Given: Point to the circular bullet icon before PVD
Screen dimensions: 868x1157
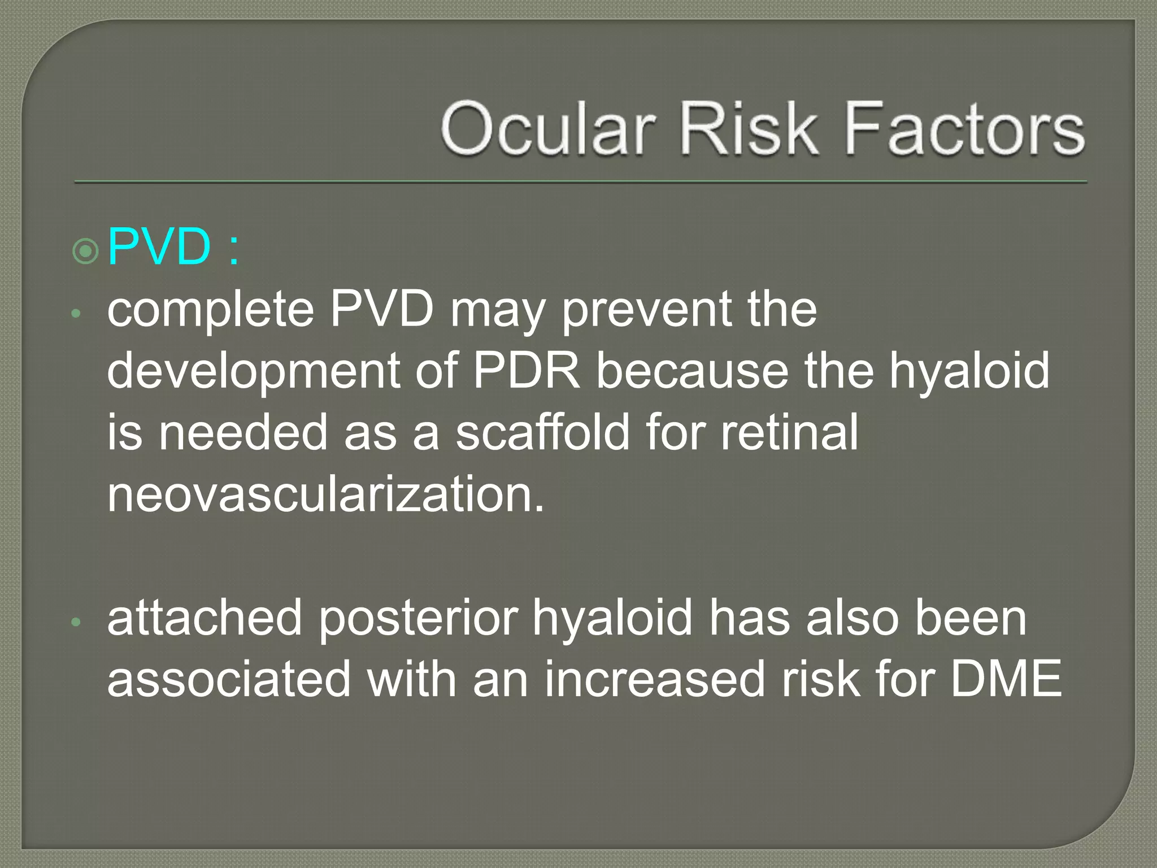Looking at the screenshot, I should point(86,250).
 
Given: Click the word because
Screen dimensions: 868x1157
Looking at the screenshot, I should point(692,371).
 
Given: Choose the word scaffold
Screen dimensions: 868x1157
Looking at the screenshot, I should point(542,432).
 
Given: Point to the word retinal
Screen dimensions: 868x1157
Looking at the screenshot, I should point(789,432).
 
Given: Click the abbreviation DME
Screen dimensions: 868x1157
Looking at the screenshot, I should point(1006,679).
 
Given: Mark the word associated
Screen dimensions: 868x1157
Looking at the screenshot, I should point(229,679).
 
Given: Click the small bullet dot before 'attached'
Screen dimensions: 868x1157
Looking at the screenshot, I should point(77,623).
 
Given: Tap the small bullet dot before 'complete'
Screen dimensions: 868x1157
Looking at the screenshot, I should point(77,314).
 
